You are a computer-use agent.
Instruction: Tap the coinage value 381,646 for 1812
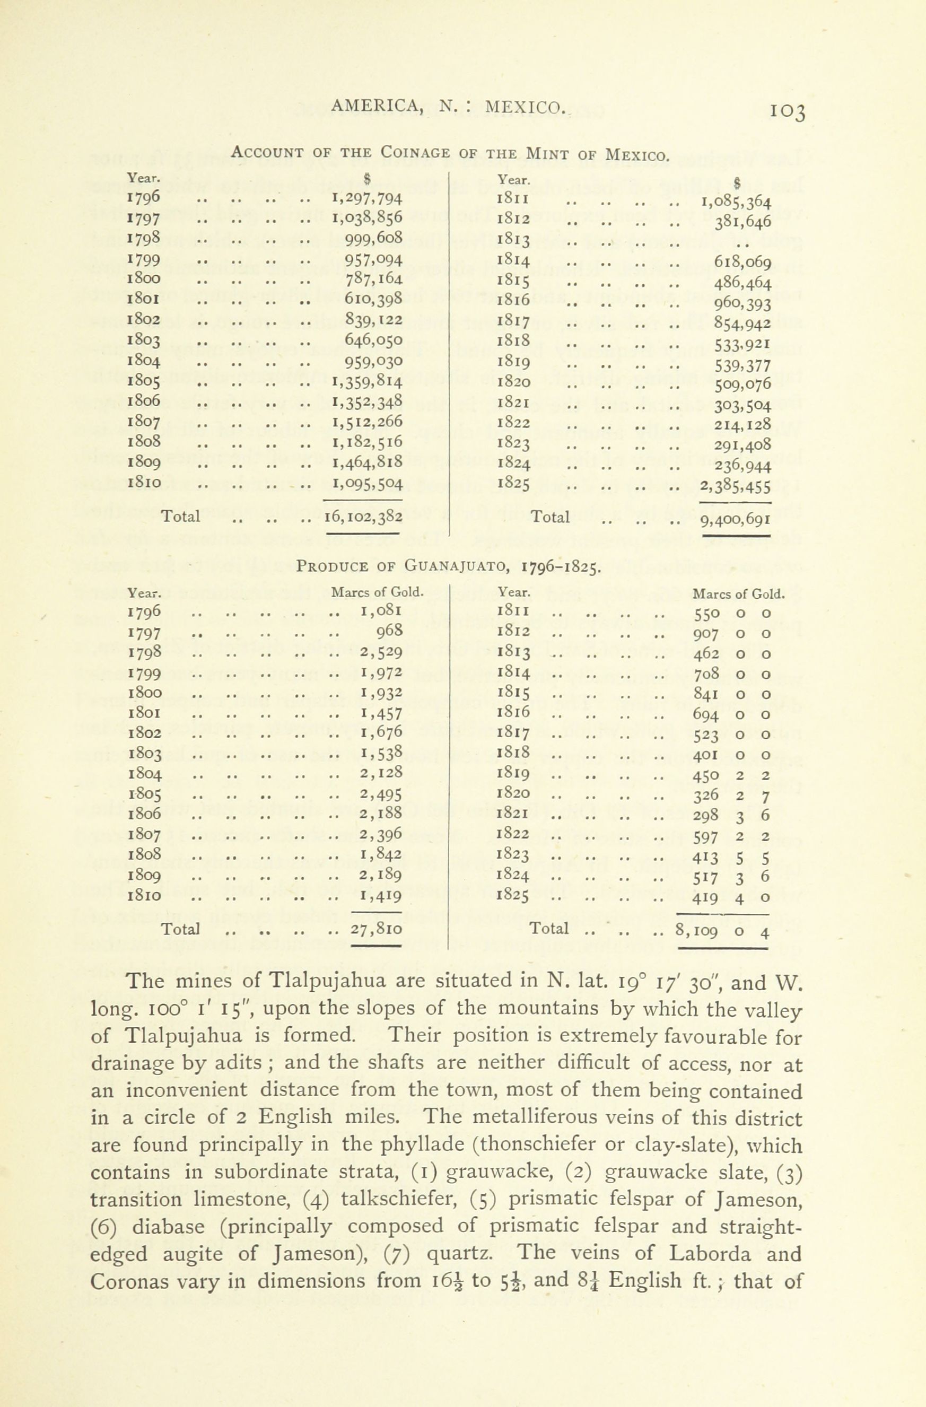[x=743, y=221]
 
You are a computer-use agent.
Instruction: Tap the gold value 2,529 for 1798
[x=381, y=652]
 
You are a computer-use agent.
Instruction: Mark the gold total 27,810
[x=377, y=929]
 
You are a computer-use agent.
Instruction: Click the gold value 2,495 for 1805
[x=381, y=794]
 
